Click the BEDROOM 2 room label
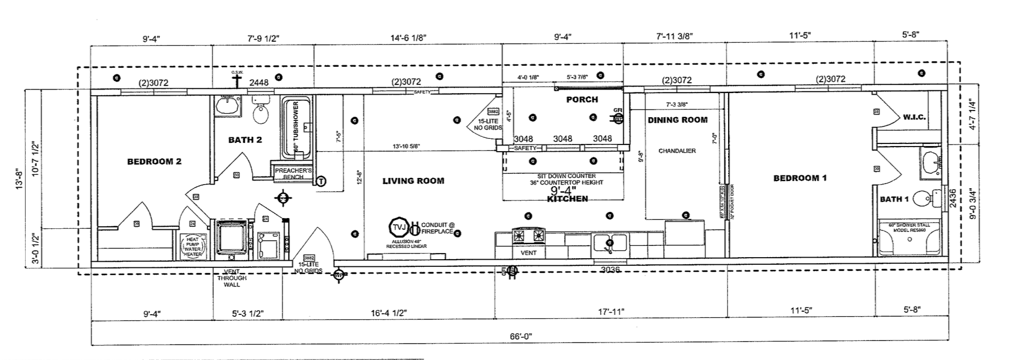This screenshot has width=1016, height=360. point(154,161)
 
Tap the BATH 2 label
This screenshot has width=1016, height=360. point(245,140)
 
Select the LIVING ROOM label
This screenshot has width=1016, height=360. point(413,181)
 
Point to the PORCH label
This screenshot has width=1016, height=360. point(582,99)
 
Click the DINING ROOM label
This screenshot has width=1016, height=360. point(677,120)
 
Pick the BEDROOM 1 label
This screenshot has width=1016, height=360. point(800,178)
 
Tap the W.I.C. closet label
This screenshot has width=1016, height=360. point(914,117)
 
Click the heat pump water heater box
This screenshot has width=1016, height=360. point(193,246)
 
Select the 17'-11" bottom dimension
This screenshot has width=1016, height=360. point(611,312)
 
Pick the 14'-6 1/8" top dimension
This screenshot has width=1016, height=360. point(408,38)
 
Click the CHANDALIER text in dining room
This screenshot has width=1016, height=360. point(677,151)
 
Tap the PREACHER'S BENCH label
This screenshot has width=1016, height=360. point(289,173)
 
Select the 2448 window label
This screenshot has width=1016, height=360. point(259,82)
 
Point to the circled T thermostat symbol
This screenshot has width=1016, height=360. point(321,181)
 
